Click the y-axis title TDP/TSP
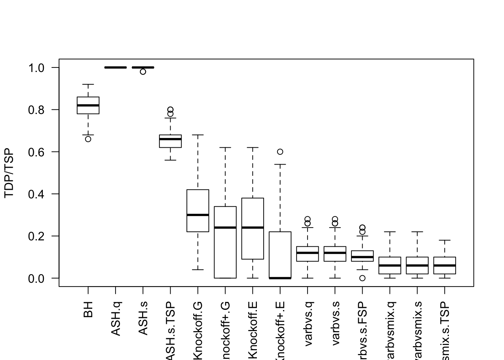point(9,173)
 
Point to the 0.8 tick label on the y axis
point(37,110)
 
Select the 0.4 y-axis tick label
point(37,194)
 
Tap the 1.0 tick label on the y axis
point(37,68)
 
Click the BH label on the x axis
point(88,310)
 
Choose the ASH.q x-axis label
point(115,318)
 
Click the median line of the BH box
point(88,105)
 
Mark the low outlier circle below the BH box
point(88,139)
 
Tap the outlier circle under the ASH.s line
point(143,72)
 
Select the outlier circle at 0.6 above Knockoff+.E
point(280,152)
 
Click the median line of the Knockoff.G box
point(198,215)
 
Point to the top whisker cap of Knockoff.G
point(198,135)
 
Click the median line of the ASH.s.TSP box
point(170,139)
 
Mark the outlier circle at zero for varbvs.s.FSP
point(362,278)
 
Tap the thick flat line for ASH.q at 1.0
point(115,67)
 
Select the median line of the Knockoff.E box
point(253,228)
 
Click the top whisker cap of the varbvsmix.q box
point(390,232)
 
